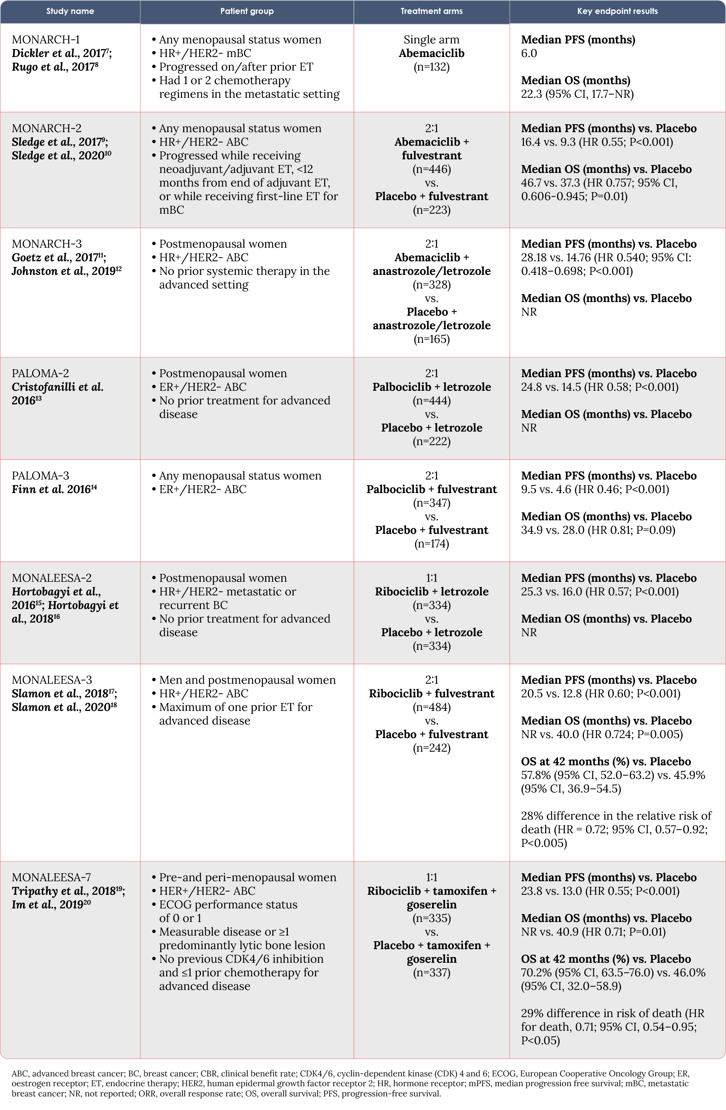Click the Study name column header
click(x=70, y=11)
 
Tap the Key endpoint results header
click(x=617, y=11)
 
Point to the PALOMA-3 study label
click(x=40, y=475)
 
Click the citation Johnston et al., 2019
click(x=64, y=271)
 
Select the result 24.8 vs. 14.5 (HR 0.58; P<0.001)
click(x=599, y=387)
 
